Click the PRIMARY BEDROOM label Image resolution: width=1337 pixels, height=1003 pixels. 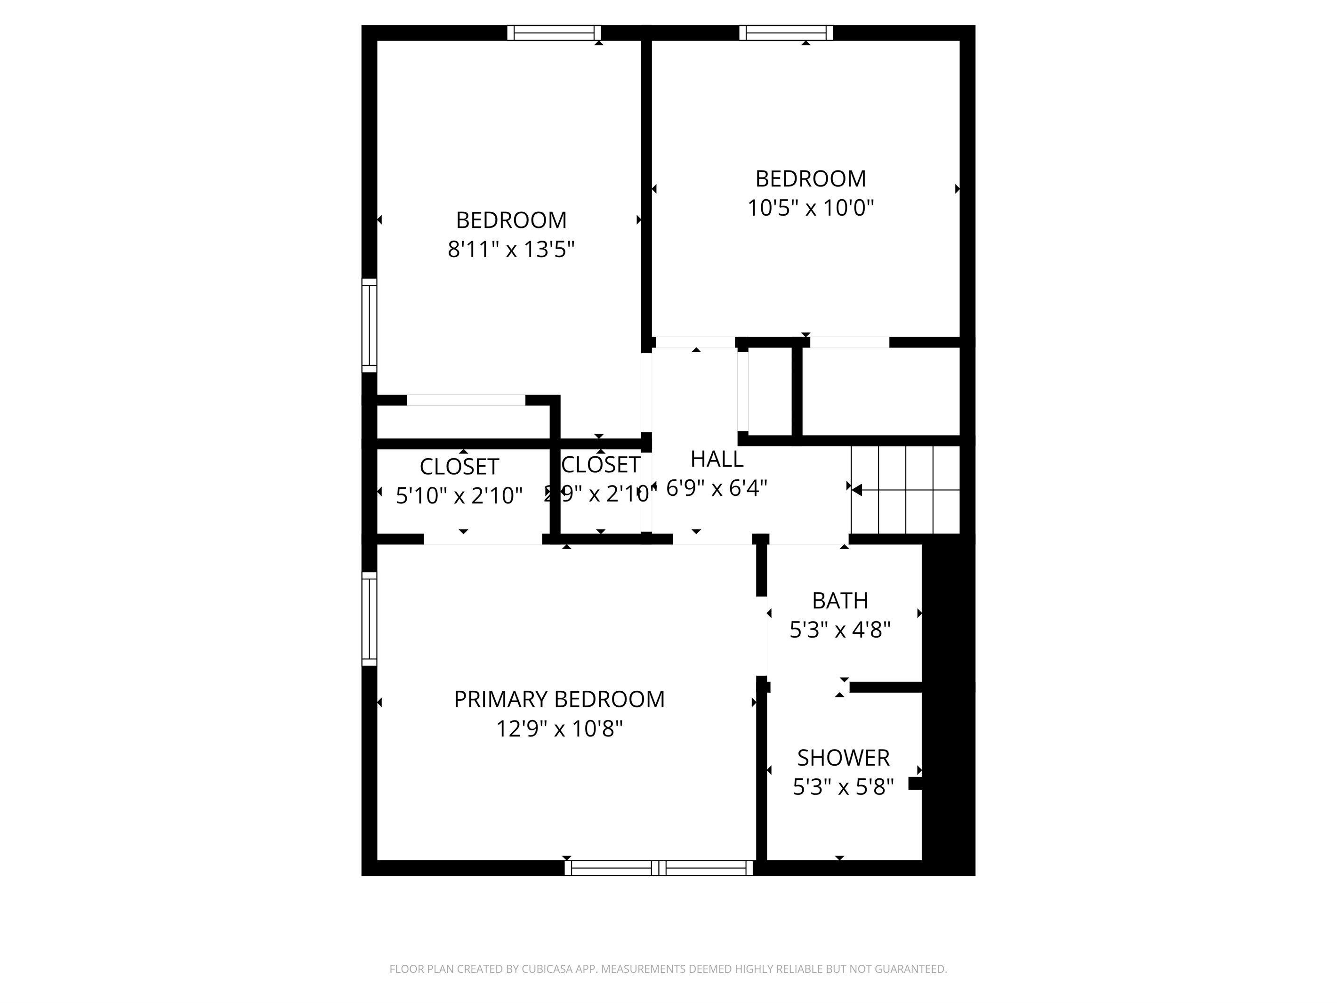click(559, 699)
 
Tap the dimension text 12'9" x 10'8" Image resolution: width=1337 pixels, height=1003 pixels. click(559, 729)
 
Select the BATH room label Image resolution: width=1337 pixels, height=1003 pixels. click(839, 601)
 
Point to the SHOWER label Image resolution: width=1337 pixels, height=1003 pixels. click(843, 758)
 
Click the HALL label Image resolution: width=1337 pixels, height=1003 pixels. click(717, 460)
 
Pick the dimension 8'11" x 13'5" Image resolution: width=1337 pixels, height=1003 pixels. click(511, 249)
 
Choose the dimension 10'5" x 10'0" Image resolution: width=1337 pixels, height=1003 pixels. click(811, 208)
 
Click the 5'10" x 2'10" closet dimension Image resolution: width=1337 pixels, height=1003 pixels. click(459, 496)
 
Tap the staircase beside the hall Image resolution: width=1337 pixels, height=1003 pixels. click(905, 490)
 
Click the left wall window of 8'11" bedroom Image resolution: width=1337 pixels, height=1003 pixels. click(369, 325)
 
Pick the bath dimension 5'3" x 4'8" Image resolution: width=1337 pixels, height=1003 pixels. click(839, 630)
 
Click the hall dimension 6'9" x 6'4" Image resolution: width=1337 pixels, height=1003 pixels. click(717, 488)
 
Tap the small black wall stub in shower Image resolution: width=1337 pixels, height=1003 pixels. click(915, 784)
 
